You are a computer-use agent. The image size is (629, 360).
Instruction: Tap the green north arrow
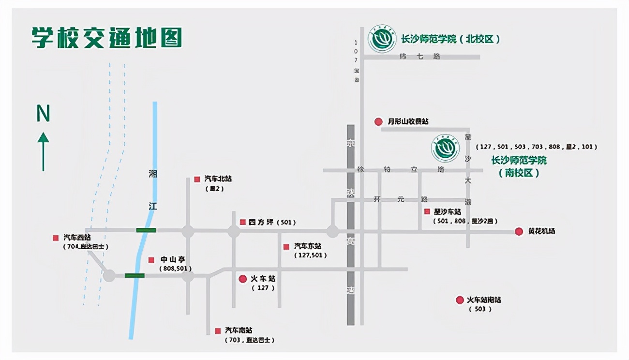point(43,151)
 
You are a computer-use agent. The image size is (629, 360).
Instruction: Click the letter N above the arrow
point(44,114)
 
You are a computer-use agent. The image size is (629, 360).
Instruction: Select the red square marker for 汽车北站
point(197,179)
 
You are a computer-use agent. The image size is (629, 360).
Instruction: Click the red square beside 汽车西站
point(56,238)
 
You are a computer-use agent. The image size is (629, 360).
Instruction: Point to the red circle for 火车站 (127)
point(243,279)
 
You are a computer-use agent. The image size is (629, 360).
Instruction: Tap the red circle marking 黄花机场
point(519,231)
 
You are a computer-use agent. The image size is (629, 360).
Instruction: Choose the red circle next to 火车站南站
point(460,300)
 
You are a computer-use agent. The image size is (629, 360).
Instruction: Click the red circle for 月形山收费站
point(378,121)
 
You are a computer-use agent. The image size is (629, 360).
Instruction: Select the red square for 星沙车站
point(427,211)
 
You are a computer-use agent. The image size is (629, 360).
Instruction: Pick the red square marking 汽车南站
point(218,331)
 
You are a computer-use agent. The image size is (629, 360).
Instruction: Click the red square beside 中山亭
point(151,260)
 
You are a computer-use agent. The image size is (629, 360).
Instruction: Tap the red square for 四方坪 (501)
point(243,222)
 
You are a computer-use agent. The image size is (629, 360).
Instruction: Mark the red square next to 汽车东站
point(286,246)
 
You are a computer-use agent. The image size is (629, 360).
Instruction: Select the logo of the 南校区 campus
point(445,149)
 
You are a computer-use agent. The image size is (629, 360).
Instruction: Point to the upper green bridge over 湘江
point(146,230)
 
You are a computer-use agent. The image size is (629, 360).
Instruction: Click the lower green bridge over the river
point(135,276)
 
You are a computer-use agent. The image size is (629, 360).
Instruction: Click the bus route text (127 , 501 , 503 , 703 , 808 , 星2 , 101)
point(536,147)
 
